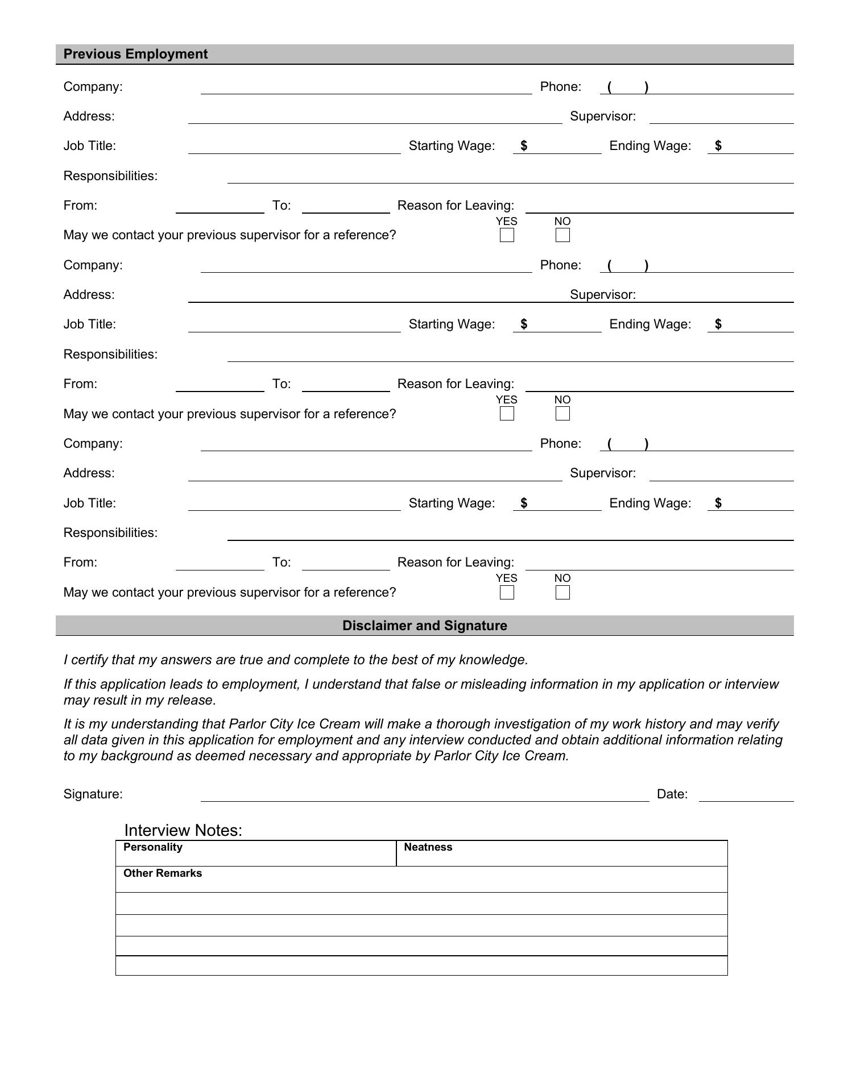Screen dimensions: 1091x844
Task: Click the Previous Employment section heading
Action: coord(135,54)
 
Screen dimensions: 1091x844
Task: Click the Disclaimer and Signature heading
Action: coord(424,626)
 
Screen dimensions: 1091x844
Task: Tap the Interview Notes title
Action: coord(183,830)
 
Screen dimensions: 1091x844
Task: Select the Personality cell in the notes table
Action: coord(256,853)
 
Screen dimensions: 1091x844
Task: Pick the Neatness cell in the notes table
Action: coord(561,853)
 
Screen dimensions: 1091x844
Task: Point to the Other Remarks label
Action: coord(163,873)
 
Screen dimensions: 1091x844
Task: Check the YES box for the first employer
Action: coord(507,235)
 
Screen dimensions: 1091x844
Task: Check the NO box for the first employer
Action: coord(562,235)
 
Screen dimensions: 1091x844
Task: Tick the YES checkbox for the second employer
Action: coord(507,414)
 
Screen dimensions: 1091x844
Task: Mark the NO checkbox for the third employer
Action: coord(562,593)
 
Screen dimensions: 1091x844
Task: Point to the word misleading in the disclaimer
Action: coord(493,684)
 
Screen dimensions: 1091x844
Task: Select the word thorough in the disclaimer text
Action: coord(464,724)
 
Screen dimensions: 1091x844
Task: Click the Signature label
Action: coord(93,794)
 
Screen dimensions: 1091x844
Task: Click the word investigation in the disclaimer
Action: coord(534,724)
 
